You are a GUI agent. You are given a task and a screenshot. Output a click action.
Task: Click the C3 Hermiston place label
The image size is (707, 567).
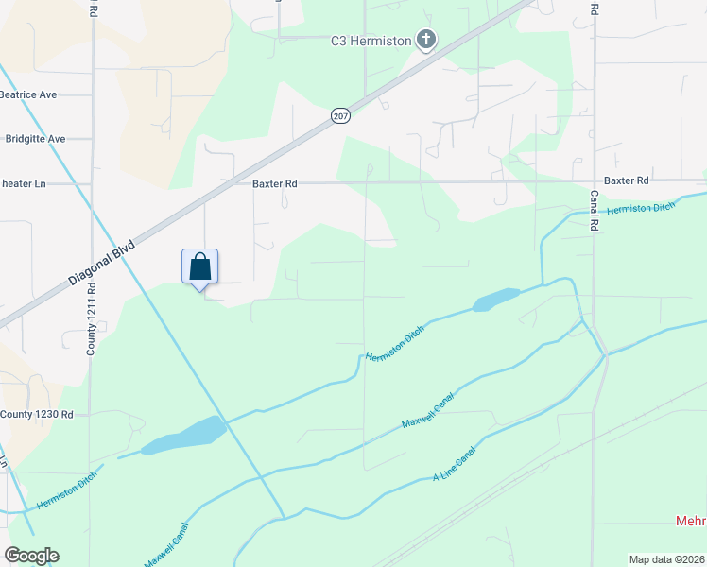click(370, 41)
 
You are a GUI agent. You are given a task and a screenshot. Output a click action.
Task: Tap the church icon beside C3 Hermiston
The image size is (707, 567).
click(426, 41)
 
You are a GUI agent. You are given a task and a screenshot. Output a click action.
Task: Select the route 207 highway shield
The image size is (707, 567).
click(340, 115)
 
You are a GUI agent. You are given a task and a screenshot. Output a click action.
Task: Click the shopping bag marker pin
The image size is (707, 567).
click(199, 266)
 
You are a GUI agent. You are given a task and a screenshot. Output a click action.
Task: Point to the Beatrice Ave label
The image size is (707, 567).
click(28, 94)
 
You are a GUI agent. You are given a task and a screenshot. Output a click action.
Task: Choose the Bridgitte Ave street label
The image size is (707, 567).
click(35, 139)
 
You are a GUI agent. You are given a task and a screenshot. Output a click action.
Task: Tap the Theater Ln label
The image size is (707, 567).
click(23, 183)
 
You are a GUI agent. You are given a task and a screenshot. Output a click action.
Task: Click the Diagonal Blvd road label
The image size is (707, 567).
click(102, 264)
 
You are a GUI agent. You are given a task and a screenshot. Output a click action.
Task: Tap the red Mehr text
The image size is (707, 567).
click(691, 522)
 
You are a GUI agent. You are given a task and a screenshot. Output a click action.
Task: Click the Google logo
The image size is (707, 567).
click(31, 556)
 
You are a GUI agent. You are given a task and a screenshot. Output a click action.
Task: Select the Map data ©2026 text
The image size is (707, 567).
click(666, 559)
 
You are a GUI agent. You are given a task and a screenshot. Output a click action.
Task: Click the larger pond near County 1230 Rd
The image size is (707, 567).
click(184, 435)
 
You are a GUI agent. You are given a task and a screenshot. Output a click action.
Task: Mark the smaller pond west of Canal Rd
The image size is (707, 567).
click(496, 299)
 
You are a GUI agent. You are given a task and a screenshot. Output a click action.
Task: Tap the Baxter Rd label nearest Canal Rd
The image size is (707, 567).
click(626, 180)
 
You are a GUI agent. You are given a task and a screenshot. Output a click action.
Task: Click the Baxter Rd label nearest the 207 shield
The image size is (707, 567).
click(275, 184)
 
